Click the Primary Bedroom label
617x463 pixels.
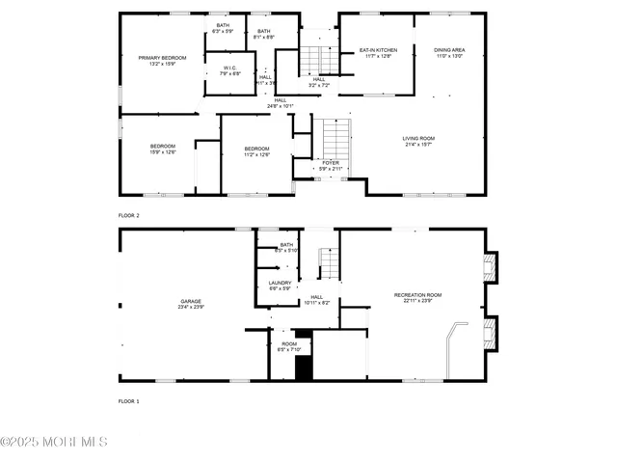pos(161,58)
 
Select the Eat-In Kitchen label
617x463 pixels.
pos(378,49)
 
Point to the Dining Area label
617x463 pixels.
pos(448,49)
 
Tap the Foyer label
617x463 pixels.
pos(330,163)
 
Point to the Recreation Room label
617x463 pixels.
pos(417,294)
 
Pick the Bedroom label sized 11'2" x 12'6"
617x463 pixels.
pos(256,149)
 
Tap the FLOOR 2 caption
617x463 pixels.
pos(128,216)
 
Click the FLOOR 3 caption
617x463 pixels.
pos(128,400)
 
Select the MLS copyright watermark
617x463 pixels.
pos(54,442)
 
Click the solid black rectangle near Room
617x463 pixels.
pos(304,368)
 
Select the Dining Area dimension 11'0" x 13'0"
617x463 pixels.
pos(448,56)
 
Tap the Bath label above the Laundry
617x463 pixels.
pos(286,245)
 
